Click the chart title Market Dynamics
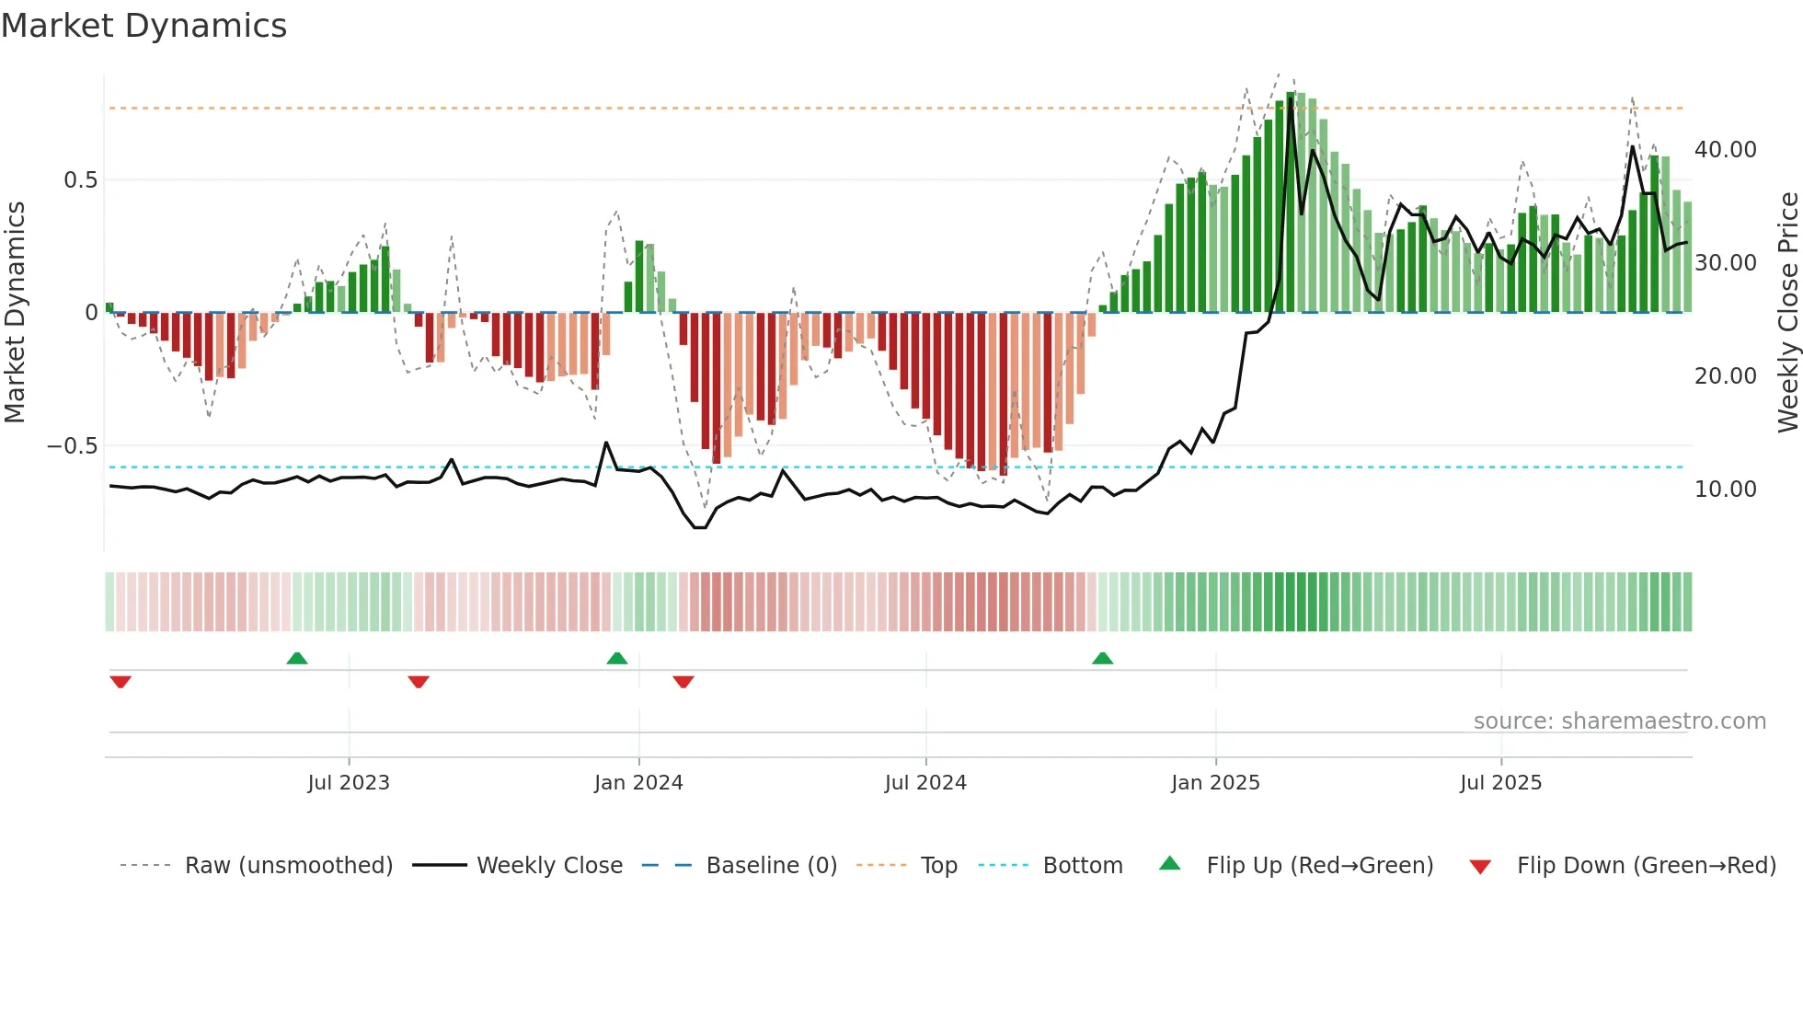coord(144,26)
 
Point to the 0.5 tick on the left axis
coord(80,180)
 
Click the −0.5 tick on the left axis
coord(73,446)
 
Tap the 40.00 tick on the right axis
coord(1725,150)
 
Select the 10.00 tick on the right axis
coord(1725,490)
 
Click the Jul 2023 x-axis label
coord(349,783)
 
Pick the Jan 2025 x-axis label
coord(1215,783)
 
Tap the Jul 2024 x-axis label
coord(925,783)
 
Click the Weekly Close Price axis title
coord(1787,313)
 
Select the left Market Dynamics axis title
coord(15,313)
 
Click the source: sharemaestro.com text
coord(1619,721)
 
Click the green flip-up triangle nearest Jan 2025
coord(1102,659)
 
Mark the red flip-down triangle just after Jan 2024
coord(683,682)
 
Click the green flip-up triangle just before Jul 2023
coord(296,659)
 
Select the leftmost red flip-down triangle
coord(121,682)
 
